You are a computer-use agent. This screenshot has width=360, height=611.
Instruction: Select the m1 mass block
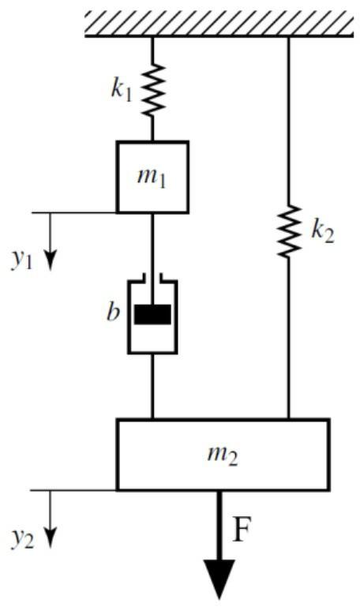tap(153, 177)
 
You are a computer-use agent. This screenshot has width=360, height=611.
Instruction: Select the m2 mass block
tap(222, 455)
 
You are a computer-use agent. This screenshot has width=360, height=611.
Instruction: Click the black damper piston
tap(152, 314)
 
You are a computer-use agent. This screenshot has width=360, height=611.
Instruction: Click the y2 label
tap(23, 538)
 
